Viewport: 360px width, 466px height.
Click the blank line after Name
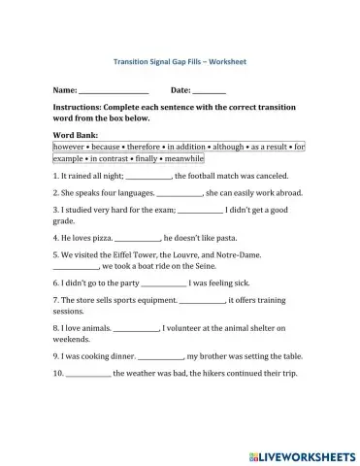pos(107,90)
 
